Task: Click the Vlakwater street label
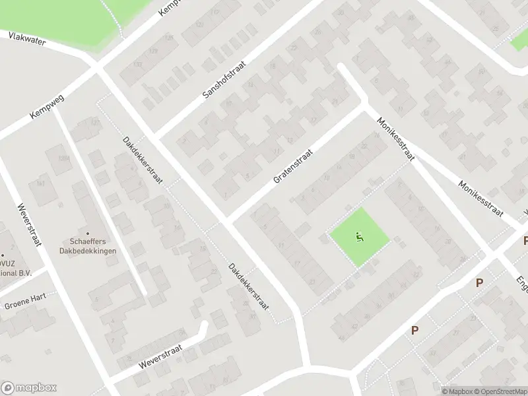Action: click(27, 40)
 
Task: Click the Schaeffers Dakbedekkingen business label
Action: click(87, 246)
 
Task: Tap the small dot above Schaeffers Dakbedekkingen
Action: click(87, 233)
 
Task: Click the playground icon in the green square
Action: click(359, 238)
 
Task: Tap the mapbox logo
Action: click(29, 388)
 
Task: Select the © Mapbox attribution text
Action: click(457, 391)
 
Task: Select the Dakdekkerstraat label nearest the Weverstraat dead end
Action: click(247, 287)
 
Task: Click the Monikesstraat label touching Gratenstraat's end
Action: click(396, 139)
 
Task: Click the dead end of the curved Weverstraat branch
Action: click(205, 325)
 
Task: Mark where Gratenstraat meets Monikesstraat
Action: click(365, 106)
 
